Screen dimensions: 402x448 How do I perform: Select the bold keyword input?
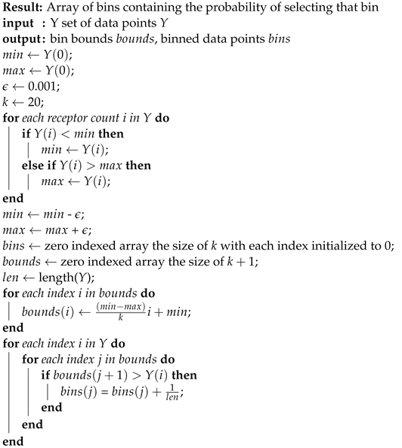pos(18,23)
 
